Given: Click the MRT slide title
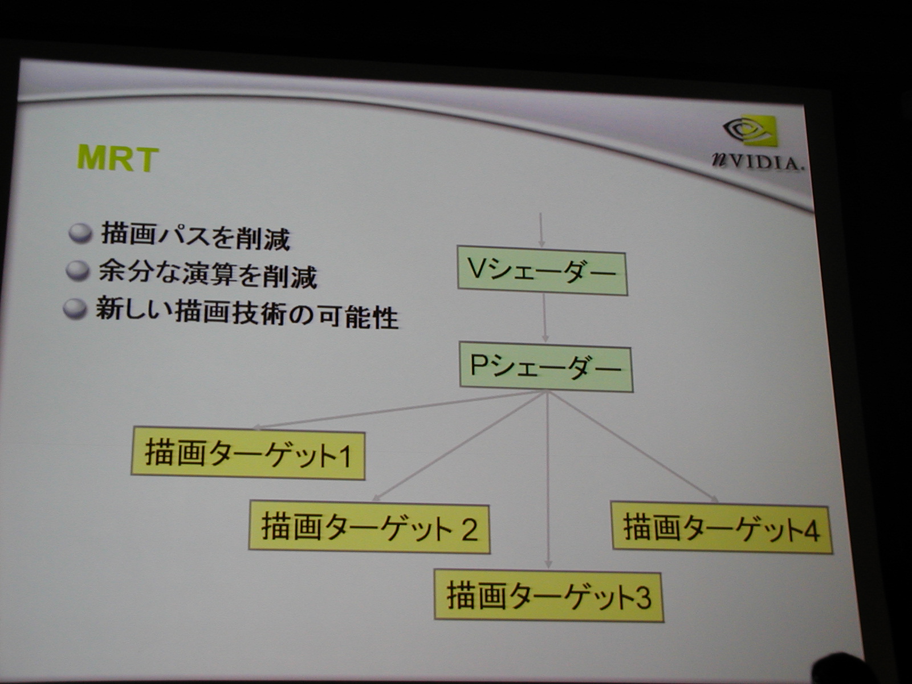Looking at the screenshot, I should point(117,158).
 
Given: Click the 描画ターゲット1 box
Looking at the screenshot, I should point(248,454).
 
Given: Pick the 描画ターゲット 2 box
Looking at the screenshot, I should point(369,528).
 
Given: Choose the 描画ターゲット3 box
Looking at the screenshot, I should point(548,596).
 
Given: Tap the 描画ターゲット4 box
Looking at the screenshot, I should point(722,528).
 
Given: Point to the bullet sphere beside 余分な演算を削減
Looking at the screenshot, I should point(78,271).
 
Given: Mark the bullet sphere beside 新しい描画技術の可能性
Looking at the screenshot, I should point(74,310).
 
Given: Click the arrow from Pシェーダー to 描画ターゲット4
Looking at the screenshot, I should point(633,448).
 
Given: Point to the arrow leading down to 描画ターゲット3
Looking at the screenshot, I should point(548,484).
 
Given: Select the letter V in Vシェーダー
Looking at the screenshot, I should point(475,269).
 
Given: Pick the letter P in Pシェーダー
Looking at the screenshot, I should point(478,366).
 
